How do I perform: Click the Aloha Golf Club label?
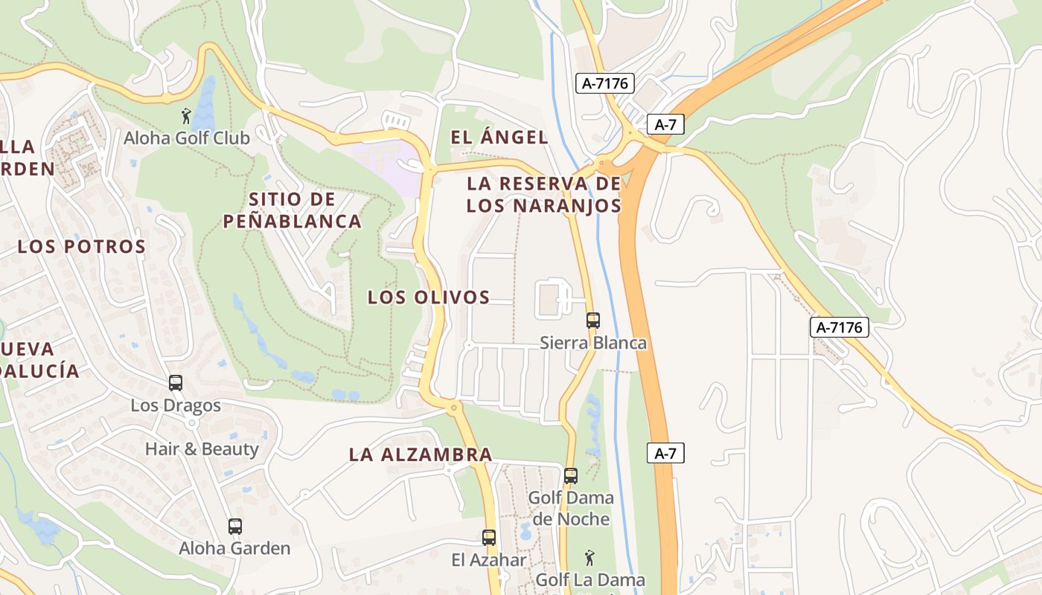pos(187,138)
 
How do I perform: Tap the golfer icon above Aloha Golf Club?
pos(186,115)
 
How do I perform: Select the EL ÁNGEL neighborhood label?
pos(499,137)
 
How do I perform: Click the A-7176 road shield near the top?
pos(604,83)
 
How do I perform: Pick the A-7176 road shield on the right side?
pos(840,327)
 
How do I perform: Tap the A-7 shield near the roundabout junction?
pos(665,124)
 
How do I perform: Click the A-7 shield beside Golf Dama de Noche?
pos(665,452)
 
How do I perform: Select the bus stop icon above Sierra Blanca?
pos(593,321)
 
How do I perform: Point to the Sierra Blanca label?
pos(593,343)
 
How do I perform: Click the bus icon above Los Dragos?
pos(176,383)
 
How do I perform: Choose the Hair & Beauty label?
pos(202,449)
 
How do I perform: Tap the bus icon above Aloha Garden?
pos(235,527)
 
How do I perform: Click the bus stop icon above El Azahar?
pos(489,537)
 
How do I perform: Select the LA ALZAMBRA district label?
pos(421,454)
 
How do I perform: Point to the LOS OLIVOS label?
pos(429,297)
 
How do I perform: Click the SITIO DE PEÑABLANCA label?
pos(293,210)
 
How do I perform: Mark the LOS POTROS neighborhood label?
pos(81,246)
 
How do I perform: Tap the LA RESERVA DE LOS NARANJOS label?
pos(544,194)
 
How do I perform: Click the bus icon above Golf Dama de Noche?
pos(571,475)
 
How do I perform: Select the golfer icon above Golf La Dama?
pos(589,556)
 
